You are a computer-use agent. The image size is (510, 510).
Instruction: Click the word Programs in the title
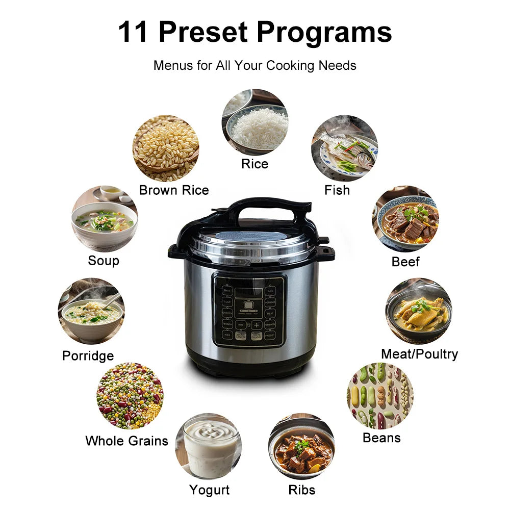click(x=325, y=32)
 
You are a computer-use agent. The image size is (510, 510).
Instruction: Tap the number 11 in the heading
click(x=134, y=32)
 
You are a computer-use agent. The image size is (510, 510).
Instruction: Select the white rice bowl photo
click(x=254, y=122)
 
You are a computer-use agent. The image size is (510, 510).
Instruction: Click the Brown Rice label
click(x=174, y=190)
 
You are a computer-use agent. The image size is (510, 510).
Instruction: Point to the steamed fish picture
click(x=345, y=148)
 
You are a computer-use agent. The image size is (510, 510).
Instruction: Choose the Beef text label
click(x=405, y=262)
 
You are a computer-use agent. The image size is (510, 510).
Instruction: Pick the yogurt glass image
click(x=209, y=446)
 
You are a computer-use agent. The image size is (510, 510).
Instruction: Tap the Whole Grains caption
click(x=126, y=441)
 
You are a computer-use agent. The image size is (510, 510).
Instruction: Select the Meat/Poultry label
click(x=419, y=354)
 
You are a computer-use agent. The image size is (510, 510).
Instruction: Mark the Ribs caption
click(x=301, y=490)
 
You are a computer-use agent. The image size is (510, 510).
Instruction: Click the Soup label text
click(x=104, y=261)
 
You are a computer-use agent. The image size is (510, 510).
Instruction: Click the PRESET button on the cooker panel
click(x=270, y=335)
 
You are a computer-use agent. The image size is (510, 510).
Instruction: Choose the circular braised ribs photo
click(x=301, y=446)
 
